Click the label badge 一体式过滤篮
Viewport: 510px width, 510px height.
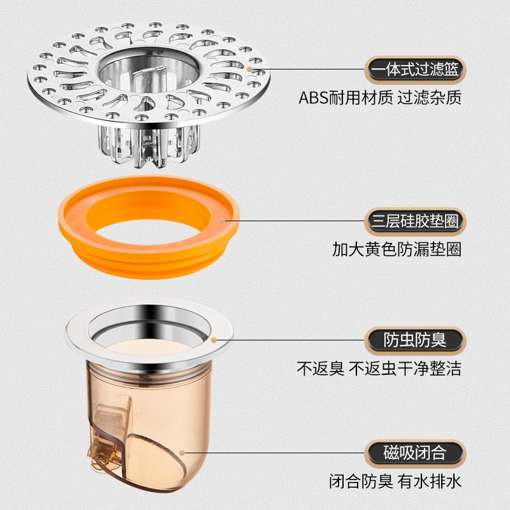415,69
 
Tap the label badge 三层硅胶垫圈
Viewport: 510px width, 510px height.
415,221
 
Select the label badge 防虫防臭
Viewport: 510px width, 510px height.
415,340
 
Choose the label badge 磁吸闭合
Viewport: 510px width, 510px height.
415,453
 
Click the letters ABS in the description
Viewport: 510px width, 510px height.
314,98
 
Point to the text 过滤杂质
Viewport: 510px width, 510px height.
429,98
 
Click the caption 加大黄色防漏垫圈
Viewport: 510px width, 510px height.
397,249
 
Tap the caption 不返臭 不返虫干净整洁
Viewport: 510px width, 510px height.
379,369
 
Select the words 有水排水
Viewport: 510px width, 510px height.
429,481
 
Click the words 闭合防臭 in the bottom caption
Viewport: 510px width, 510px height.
361,481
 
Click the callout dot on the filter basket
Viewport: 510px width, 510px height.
249,69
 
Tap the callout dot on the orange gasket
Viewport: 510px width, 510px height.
222,221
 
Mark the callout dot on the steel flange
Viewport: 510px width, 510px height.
214,340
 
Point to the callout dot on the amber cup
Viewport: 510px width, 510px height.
182,453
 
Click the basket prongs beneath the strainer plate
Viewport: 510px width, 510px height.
149,145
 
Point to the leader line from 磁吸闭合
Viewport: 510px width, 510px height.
275,453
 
